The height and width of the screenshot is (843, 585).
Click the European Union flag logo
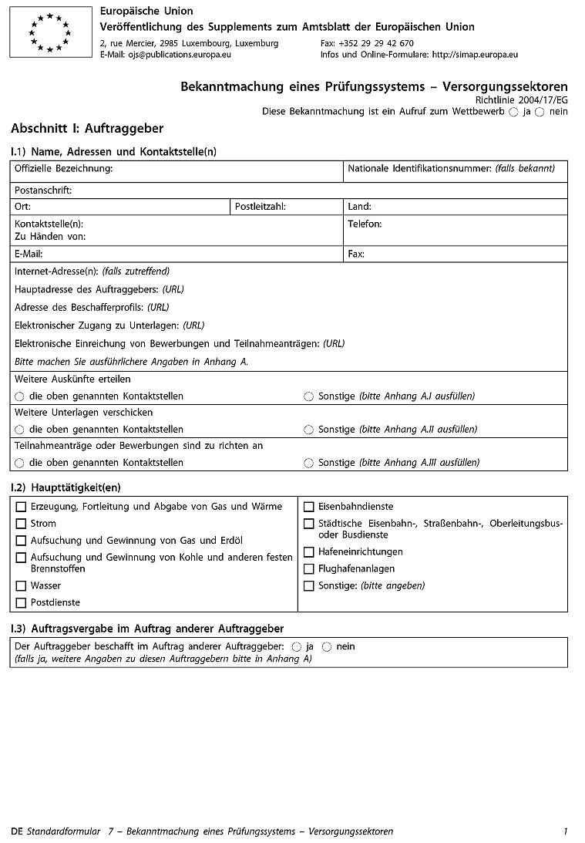50,32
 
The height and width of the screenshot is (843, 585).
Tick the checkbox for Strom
21,524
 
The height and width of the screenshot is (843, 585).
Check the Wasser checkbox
21,586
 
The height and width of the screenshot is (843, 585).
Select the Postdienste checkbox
21,603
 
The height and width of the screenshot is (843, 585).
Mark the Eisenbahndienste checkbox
308,507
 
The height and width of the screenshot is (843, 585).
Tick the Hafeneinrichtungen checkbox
308,552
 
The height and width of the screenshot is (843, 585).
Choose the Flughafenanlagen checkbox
308,569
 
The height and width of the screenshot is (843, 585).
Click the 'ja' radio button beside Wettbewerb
513,112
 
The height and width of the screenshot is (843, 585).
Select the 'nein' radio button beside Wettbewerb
540,112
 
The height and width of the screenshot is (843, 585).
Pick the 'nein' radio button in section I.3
327,646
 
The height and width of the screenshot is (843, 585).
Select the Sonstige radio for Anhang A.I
308,396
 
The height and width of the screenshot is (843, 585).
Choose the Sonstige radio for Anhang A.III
308,463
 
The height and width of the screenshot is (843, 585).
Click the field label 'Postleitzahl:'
261,207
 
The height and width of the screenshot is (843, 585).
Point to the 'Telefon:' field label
365,224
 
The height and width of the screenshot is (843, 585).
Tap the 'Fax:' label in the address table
356,254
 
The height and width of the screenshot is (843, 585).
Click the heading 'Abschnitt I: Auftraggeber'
87,129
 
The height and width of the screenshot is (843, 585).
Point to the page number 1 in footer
565,831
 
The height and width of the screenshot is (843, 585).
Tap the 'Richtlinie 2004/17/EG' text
521,100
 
